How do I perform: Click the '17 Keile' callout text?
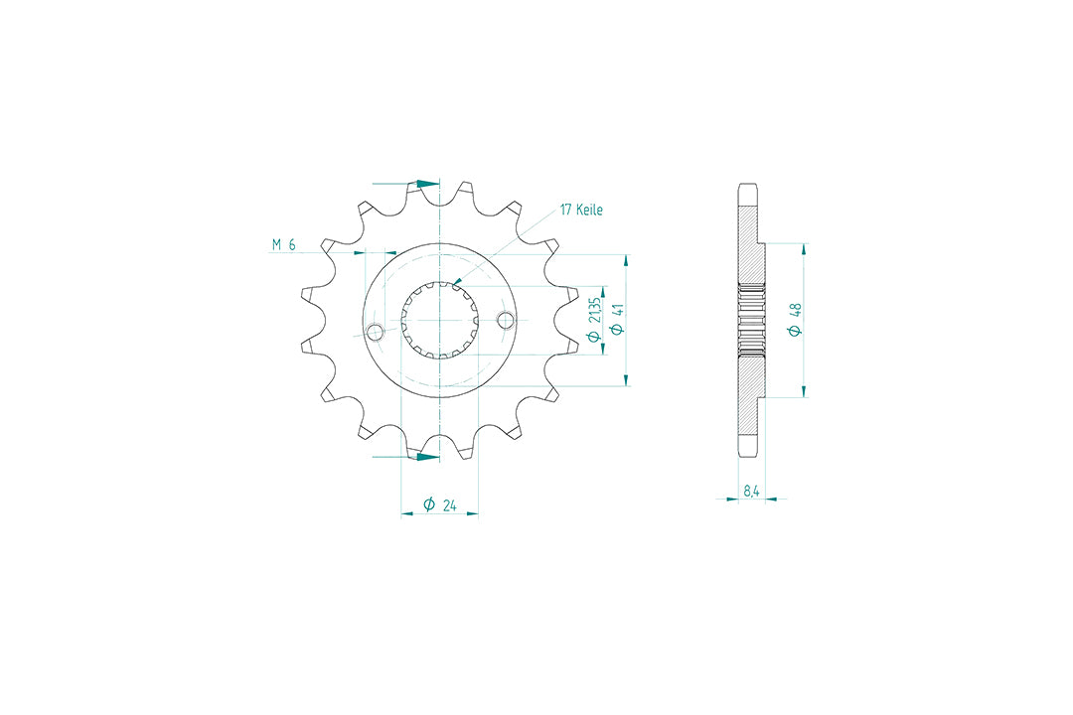point(581,210)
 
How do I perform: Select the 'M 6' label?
point(283,244)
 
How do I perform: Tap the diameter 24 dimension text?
point(439,504)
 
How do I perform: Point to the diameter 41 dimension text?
point(617,320)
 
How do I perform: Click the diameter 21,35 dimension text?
point(594,319)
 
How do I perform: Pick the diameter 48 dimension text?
point(795,320)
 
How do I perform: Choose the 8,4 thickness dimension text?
point(751,491)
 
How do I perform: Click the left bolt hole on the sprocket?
point(376,333)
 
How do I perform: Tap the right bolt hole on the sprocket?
point(506,320)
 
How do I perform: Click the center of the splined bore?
point(439,320)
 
